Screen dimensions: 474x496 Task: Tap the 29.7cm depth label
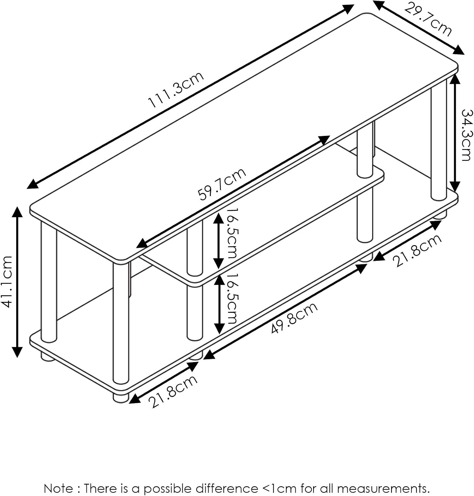(428, 19)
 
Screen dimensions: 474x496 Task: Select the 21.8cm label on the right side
(417, 250)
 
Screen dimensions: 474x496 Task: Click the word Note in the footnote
(58, 488)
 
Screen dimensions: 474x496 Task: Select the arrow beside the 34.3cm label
(455, 133)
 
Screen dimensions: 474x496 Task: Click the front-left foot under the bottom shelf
(121, 396)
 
